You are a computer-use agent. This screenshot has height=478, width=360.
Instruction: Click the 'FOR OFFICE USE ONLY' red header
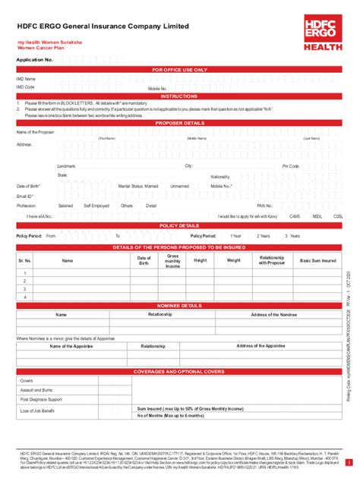click(179, 69)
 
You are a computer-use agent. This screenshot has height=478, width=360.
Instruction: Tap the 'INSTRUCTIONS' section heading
click(179, 96)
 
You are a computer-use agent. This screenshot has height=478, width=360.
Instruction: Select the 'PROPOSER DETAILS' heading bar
click(179, 122)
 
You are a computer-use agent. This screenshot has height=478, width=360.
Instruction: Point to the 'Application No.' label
click(35, 58)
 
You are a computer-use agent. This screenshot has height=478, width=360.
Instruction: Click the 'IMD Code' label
click(26, 87)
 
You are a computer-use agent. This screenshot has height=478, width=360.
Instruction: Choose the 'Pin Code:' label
click(291, 165)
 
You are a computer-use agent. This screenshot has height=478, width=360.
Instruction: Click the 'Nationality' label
click(220, 176)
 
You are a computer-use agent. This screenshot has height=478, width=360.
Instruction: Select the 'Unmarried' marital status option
click(180, 186)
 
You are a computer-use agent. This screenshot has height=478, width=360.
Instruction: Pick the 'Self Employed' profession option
click(96, 206)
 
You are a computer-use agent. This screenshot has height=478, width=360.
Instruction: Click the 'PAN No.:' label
click(265, 206)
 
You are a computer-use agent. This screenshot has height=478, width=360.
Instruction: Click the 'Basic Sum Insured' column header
click(318, 260)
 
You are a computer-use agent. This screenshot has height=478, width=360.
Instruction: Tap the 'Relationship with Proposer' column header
click(271, 260)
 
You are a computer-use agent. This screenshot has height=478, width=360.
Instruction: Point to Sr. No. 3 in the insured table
click(25, 289)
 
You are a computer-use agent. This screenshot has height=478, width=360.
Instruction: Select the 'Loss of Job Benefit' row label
click(37, 410)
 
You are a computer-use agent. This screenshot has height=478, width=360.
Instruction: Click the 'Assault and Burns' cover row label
click(36, 389)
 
